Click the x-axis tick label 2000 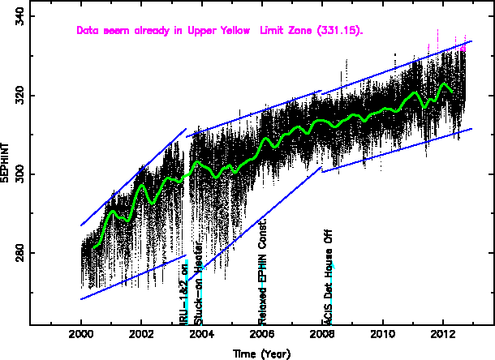pos(81,334)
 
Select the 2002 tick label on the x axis pos(141,334)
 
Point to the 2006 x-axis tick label pos(262,334)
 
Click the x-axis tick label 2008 pos(322,334)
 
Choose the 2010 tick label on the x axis pos(382,334)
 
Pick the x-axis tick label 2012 pos(443,334)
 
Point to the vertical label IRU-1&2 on pos(184,293)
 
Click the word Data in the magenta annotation pos(88,31)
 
